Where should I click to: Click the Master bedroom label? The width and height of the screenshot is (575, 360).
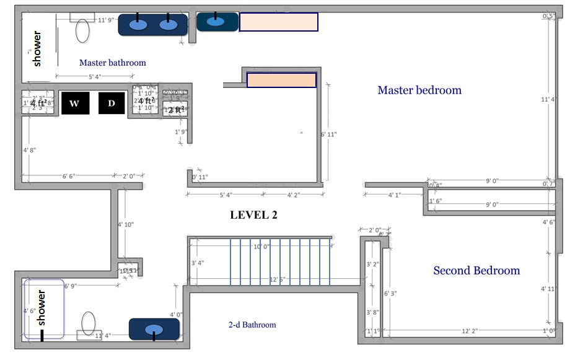tap(419, 90)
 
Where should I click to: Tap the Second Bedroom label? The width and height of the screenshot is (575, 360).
tap(476, 270)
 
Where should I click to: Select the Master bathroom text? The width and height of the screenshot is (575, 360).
tap(112, 63)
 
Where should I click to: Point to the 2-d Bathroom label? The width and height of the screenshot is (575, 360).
tap(252, 325)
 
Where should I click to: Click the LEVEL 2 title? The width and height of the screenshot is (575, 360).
tap(253, 215)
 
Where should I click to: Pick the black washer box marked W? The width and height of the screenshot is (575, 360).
tap(74, 103)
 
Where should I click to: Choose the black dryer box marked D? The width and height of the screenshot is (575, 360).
tap(112, 103)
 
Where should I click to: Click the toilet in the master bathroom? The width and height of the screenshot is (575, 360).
tap(82, 29)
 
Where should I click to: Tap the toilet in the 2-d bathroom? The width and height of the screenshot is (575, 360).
tap(88, 324)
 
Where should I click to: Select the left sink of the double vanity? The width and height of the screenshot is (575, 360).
tap(138, 25)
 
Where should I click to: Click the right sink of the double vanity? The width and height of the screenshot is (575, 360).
tap(167, 25)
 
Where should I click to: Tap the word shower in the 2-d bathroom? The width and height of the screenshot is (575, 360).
tap(42, 308)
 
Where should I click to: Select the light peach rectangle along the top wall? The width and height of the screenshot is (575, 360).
tap(278, 22)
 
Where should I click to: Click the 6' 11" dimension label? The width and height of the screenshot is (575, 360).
tap(328, 134)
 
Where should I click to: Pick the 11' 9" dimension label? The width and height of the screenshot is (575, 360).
tap(107, 20)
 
